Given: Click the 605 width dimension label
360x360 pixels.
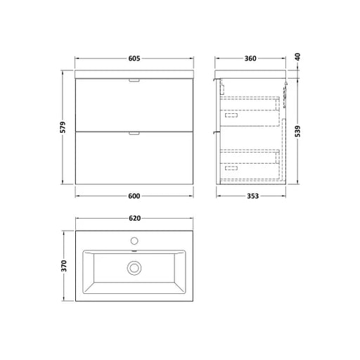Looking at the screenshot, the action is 134,58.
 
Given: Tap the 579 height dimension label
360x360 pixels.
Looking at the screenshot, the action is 63,127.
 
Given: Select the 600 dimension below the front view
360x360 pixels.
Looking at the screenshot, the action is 134,195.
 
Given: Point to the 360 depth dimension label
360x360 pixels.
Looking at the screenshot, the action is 250,58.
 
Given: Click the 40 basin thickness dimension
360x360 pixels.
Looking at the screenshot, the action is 297,57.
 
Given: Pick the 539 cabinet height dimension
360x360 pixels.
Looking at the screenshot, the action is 297,131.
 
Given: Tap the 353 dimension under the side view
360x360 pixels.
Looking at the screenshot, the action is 253,195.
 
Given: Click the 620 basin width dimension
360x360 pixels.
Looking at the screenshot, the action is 135,218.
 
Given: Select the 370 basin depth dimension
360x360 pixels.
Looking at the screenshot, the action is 64,266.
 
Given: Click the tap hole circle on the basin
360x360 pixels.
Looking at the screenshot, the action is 134,240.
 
